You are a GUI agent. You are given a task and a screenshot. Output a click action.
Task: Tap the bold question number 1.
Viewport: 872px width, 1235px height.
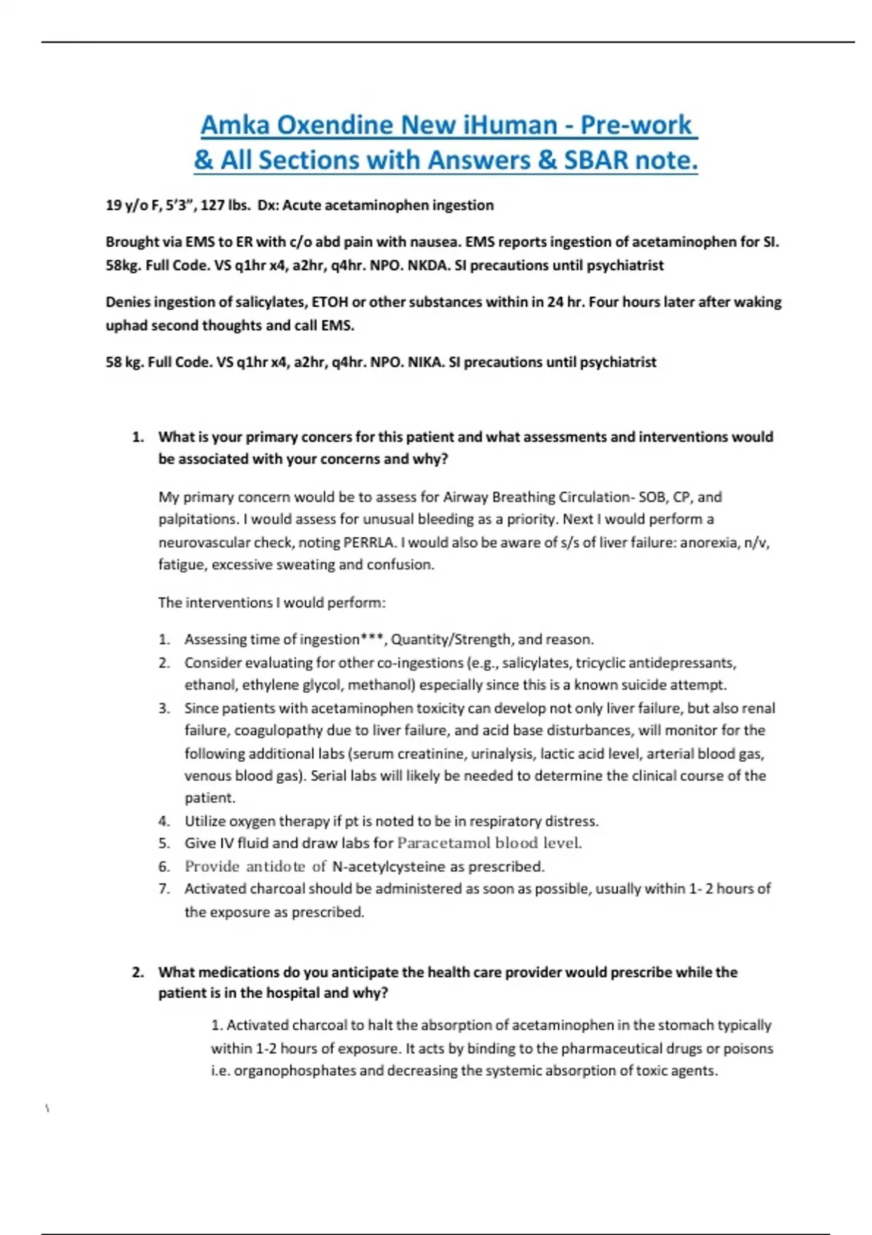(x=137, y=437)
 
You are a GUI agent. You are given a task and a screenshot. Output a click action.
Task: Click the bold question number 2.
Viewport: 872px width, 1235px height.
(x=137, y=972)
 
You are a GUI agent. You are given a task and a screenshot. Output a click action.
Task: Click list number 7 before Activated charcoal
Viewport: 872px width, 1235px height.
(x=164, y=888)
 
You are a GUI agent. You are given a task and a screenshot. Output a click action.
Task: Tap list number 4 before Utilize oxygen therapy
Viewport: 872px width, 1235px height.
(x=164, y=821)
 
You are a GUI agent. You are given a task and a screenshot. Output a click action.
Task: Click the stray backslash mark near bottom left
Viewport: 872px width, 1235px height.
(x=47, y=1109)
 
